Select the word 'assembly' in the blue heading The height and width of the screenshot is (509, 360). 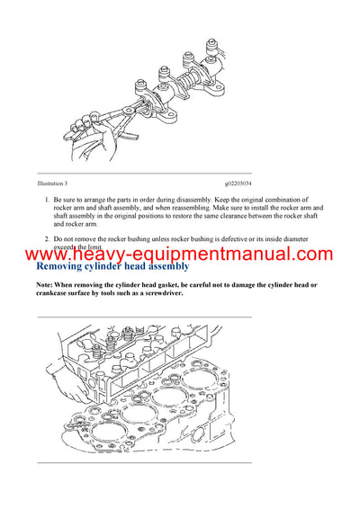[x=161, y=266]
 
